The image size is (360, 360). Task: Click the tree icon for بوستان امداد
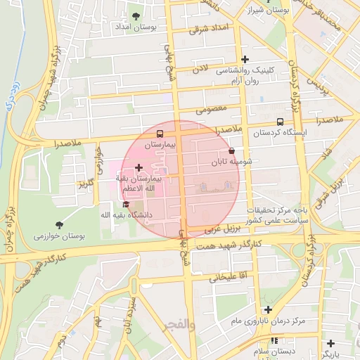(x=136, y=15)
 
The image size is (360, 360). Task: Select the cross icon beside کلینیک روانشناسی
(x=245, y=59)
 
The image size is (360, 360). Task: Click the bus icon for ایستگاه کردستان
(x=281, y=122)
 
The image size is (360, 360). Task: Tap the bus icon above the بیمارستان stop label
(x=160, y=133)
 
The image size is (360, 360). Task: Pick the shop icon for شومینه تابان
(x=232, y=150)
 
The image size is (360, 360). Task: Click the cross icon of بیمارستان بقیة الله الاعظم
(x=139, y=168)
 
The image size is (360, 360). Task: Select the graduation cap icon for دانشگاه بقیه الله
(x=126, y=204)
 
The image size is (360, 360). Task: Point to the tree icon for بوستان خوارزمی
(x=58, y=225)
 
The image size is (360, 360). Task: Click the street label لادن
(x=201, y=68)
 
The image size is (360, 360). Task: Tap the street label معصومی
(x=210, y=109)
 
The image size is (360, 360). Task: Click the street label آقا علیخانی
(x=224, y=277)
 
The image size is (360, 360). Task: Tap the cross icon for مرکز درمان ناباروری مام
(x=268, y=309)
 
